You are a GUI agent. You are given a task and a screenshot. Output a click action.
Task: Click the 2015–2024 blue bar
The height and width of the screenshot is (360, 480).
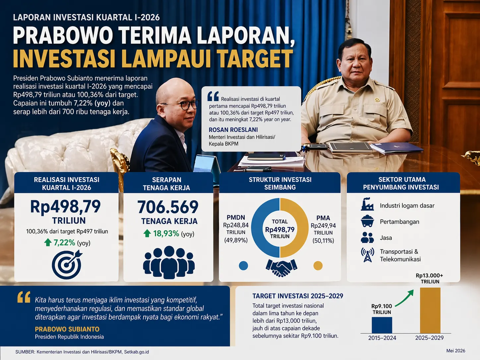[x=382, y=325]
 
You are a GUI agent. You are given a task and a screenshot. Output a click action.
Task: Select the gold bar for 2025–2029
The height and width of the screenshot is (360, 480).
[x=430, y=310]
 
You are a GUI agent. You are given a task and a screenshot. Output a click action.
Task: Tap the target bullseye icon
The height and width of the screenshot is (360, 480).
[x=67, y=265]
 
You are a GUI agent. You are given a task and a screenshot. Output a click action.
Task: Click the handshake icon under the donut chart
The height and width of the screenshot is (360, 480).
[x=281, y=268]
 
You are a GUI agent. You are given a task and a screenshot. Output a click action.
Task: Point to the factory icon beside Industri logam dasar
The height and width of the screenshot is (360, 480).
[x=367, y=204]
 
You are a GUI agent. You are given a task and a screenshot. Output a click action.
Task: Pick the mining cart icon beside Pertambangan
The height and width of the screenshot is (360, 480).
[x=367, y=221]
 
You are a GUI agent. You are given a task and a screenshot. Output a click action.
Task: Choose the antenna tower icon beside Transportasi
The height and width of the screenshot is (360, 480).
[x=367, y=255]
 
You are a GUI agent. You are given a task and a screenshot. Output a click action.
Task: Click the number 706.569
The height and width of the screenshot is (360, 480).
[x=168, y=207]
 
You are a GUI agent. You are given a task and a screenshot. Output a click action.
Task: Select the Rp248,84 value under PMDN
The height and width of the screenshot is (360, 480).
[x=236, y=225]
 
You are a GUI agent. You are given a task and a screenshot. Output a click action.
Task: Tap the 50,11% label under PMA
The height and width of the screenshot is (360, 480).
[x=323, y=241]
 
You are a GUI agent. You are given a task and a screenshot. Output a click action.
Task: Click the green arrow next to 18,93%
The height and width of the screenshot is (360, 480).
[x=147, y=233]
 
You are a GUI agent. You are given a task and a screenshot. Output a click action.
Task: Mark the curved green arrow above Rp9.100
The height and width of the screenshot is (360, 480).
[x=404, y=297]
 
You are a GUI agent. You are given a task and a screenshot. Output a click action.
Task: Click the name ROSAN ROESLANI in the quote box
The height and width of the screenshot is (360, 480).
[x=233, y=130]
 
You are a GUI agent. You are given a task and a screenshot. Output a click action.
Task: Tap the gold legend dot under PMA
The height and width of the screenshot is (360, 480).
[x=318, y=266]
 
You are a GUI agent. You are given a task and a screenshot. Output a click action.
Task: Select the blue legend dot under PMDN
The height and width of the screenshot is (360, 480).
[x=243, y=266]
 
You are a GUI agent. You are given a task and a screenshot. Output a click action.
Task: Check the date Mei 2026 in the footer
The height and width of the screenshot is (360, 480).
[x=456, y=351]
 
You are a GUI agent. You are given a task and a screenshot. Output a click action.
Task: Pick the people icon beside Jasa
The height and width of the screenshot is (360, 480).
[x=367, y=238]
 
